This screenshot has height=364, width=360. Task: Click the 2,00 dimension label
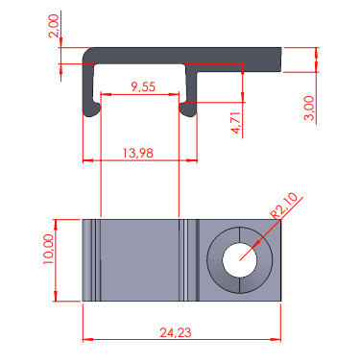54,26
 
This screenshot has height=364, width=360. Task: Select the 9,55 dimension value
143,86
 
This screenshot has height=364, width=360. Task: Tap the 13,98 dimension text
138,153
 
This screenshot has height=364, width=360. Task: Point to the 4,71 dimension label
235,123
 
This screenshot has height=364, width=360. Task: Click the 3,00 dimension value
309,109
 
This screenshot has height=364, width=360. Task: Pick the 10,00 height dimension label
49,249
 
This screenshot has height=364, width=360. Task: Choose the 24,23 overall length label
176,333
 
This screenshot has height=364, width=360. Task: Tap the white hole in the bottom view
240,260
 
